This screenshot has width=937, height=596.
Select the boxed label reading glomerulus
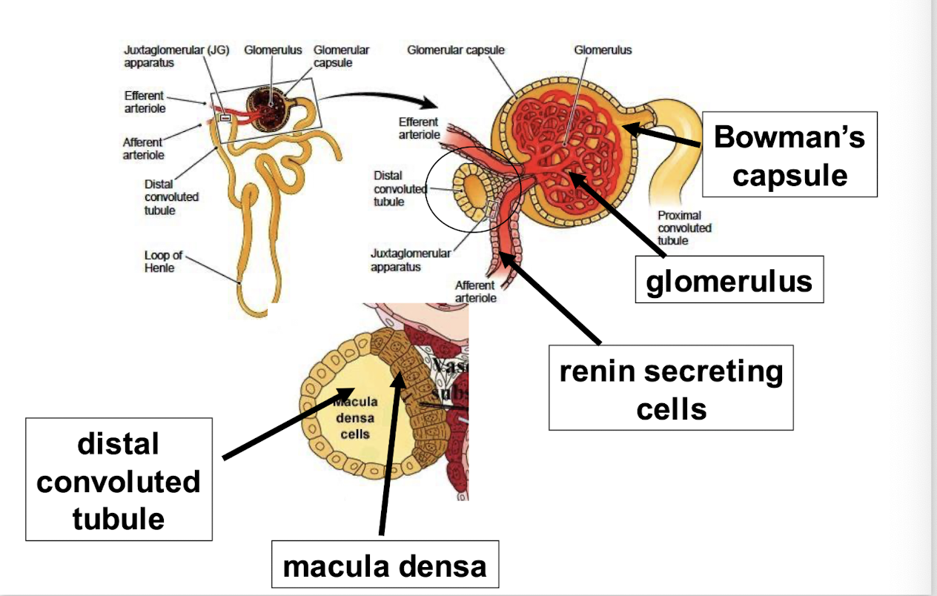click(x=729, y=280)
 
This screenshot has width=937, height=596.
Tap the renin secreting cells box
click(x=670, y=388)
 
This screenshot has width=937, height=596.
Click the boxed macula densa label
click(x=385, y=566)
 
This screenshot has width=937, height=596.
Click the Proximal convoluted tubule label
click(x=684, y=228)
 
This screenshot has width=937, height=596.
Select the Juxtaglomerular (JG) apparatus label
click(x=176, y=56)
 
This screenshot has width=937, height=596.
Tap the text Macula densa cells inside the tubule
click(x=356, y=417)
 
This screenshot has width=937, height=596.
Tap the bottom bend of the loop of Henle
click(x=239, y=282)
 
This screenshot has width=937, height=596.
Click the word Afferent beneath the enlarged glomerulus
click(x=475, y=285)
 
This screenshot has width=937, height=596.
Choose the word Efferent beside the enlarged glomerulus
click(x=419, y=122)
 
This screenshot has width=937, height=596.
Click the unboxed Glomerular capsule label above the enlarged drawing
click(x=455, y=50)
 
